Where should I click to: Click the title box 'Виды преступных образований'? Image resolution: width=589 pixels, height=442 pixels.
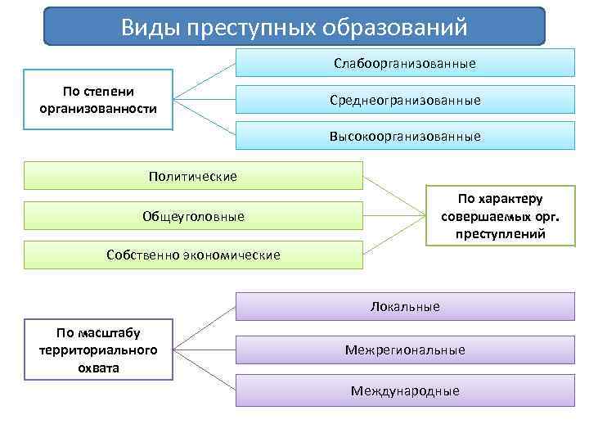tap(294, 26)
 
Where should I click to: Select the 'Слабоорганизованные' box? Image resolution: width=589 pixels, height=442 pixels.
tap(405, 63)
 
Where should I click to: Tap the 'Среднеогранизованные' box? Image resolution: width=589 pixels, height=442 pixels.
tap(405, 100)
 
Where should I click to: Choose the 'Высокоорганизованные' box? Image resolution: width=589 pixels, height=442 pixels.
tap(405, 136)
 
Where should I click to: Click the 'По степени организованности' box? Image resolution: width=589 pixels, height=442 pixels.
tap(98, 99)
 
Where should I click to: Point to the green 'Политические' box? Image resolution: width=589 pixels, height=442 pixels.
tap(193, 176)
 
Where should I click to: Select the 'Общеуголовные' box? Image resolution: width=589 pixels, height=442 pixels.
tap(193, 216)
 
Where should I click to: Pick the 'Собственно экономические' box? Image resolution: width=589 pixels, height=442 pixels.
tap(193, 255)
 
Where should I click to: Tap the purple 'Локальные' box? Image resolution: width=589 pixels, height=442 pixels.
tap(405, 307)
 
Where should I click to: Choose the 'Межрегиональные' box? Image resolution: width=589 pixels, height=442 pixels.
tap(405, 350)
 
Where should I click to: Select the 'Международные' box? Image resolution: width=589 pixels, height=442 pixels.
tap(405, 390)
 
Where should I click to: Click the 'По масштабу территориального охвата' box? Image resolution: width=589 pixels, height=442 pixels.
tap(98, 350)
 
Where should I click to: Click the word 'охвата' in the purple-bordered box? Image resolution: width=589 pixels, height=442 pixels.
tap(99, 368)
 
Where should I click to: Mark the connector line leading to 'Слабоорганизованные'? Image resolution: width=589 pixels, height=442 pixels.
tap(205, 80)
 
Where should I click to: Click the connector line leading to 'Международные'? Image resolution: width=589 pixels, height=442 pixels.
tap(205, 371)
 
